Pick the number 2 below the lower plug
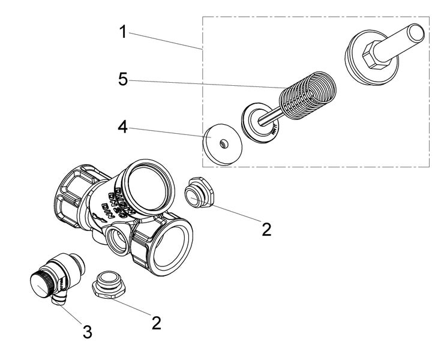(x=157, y=322)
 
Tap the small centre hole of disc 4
(x=223, y=143)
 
